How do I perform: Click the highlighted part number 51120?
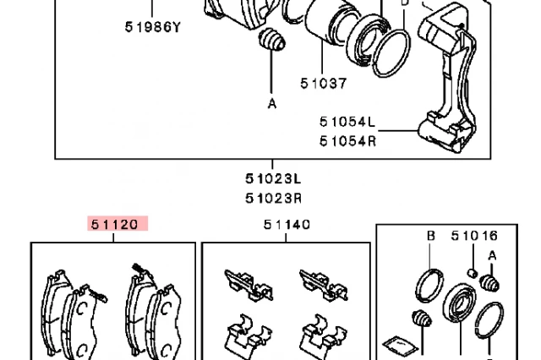[x=118, y=224]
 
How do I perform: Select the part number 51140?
[x=286, y=225]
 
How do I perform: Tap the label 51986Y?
[x=153, y=26]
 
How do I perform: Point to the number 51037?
[x=323, y=83]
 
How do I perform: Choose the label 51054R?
[x=347, y=139]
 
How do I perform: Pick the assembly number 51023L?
[x=274, y=178]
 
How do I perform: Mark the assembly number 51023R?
[x=274, y=198]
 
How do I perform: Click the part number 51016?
[x=473, y=237]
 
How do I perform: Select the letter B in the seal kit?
[x=430, y=237]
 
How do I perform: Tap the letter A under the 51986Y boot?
[x=272, y=105]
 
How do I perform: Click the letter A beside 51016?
[x=492, y=256]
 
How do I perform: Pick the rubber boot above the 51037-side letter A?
[x=270, y=41]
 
